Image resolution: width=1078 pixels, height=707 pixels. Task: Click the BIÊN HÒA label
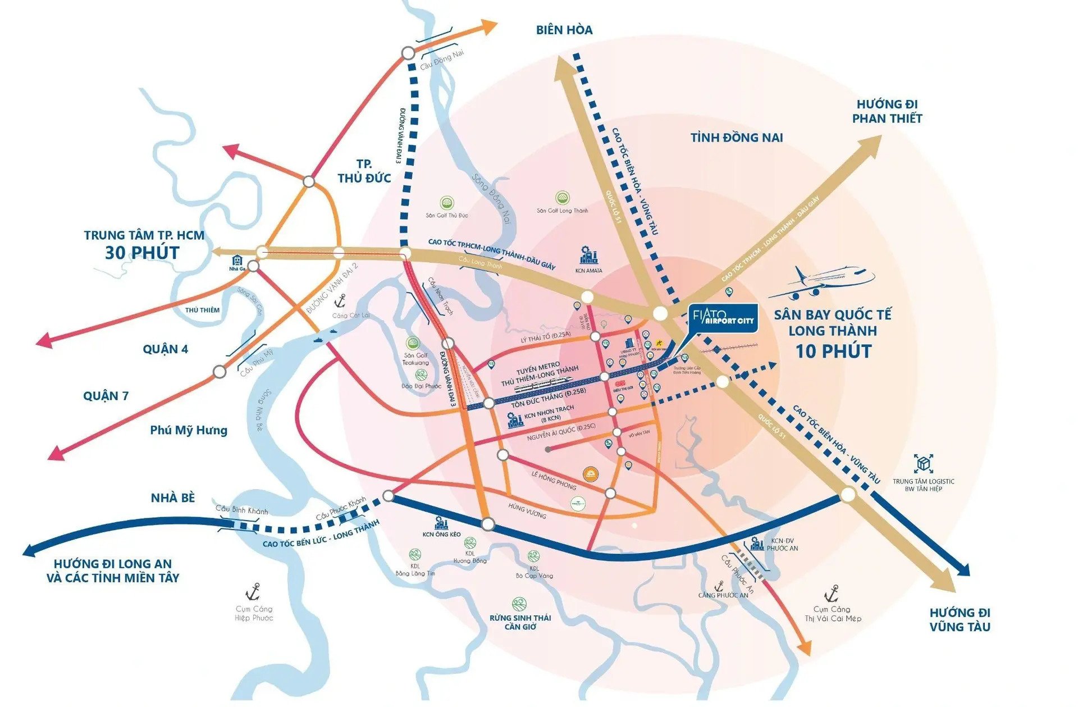(564, 30)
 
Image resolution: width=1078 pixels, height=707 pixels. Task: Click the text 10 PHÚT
(833, 352)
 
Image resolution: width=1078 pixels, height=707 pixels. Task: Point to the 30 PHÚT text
(142, 253)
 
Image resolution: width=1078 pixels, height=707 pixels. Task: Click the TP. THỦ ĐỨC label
(364, 171)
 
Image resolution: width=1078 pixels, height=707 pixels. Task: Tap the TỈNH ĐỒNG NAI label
(736, 138)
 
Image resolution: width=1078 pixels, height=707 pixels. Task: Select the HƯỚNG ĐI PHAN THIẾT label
(887, 111)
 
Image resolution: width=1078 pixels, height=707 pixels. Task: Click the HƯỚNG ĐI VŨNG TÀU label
(960, 619)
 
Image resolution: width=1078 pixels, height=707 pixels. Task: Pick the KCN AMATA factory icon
(588, 256)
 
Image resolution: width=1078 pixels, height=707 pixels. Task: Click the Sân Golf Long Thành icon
(562, 198)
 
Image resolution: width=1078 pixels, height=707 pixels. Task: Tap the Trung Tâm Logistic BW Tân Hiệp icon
(923, 464)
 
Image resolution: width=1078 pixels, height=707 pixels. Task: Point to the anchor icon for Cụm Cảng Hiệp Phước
(253, 591)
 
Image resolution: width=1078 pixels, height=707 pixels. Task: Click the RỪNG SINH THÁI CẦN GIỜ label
(520, 622)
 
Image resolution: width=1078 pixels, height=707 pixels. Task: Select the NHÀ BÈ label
(172, 498)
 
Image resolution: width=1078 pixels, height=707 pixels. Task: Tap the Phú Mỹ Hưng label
(189, 431)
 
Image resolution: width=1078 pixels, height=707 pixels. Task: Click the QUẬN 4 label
(165, 349)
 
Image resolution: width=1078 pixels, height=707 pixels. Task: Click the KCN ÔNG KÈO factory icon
(441, 523)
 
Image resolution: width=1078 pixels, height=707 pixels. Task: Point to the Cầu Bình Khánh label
(241, 510)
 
